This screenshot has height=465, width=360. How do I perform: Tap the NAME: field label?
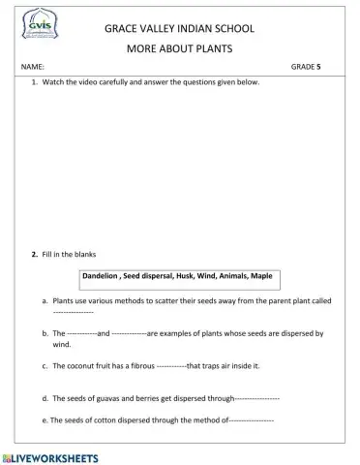click(x=32, y=68)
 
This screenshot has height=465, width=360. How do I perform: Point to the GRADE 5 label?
click(x=307, y=68)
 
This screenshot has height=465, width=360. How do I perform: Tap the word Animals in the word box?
click(x=231, y=276)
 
